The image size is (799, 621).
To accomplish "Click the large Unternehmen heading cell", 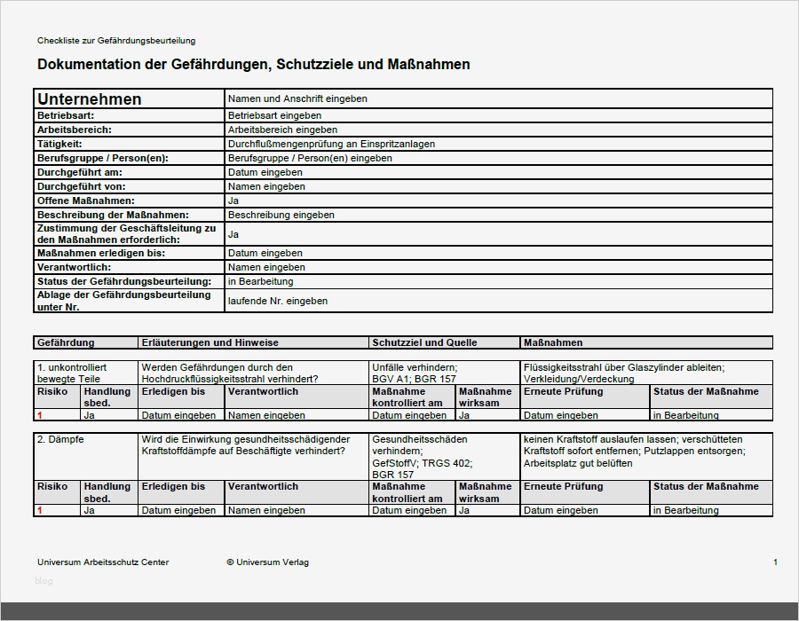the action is coord(90,99).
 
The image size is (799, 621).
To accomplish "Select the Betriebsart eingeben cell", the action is coord(274,115).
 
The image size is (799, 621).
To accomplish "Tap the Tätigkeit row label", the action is coord(59,144).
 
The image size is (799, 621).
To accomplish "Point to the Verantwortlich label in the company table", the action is coord(74,267).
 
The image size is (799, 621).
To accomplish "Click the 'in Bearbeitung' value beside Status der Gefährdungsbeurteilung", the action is coord(260,281).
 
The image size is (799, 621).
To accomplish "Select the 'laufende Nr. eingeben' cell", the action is coord(278,301).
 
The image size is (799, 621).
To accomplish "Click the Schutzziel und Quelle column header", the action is coord(424,342).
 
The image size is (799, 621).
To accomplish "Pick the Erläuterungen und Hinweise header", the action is coord(210,342).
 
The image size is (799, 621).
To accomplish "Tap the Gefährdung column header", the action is coord(66,342).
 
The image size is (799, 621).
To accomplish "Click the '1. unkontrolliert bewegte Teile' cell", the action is coord(72,373).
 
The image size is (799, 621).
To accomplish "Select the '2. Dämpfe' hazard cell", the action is coord(59,439).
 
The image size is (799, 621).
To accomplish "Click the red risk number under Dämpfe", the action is coord(40,510).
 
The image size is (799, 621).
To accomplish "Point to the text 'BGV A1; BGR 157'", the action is coord(414,379).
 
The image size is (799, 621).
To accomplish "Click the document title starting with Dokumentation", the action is coord(253,65).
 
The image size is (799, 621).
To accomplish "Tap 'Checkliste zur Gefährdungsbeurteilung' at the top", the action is coord(116,41).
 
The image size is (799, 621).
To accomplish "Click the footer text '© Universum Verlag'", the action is coord(267,562).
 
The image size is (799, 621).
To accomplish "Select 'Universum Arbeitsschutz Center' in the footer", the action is coord(103,562).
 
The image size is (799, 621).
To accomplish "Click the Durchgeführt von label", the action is coord(81,186).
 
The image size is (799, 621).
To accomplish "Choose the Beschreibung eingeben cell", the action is coord(281,215).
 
